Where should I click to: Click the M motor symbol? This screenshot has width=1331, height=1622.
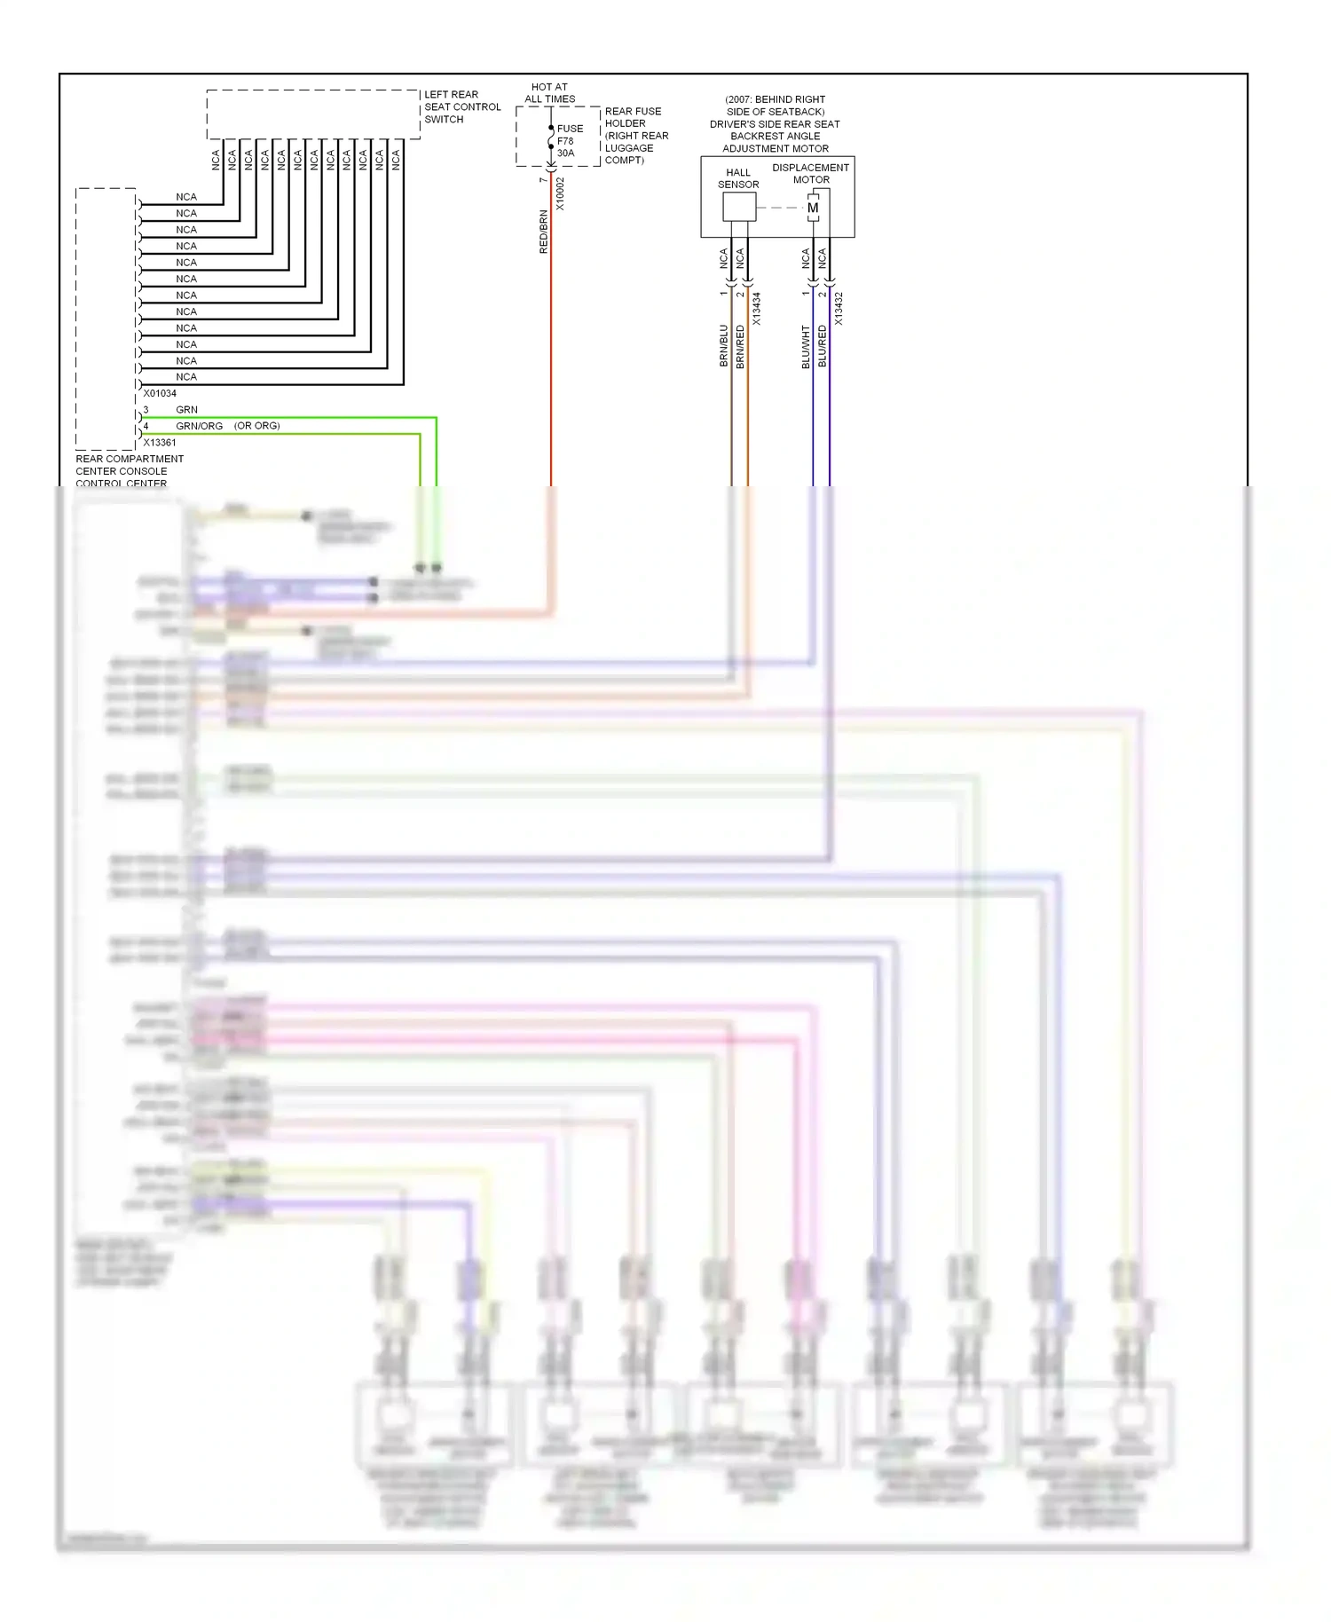pos(813,208)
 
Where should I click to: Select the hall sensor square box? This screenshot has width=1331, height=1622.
pos(738,207)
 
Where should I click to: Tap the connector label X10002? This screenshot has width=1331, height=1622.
pos(560,193)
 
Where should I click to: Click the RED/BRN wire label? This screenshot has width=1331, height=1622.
pos(544,232)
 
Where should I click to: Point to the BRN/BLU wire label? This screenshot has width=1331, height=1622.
pos(723,346)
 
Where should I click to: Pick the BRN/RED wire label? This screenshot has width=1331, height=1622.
pos(740,346)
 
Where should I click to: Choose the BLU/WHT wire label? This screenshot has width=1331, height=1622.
pos(806,346)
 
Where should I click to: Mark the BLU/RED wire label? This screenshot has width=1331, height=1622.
pos(823,346)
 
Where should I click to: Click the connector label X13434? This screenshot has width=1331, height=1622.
pos(757,309)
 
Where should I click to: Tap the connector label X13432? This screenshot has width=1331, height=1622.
pos(839,309)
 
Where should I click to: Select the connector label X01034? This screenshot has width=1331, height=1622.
pos(160,393)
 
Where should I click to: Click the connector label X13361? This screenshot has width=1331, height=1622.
pos(160,442)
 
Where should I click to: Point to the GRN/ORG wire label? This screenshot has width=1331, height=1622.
pos(199,426)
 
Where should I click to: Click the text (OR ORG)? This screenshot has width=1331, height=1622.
pos(256,426)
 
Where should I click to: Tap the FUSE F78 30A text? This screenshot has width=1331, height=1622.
pos(569,141)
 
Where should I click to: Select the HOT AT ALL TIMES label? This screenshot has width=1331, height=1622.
pos(549,93)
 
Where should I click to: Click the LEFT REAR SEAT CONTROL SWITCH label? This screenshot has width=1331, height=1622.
pos(461,106)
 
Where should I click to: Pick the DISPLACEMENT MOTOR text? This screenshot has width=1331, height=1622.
pos(810,173)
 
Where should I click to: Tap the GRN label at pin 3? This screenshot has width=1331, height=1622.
pos(186,409)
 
